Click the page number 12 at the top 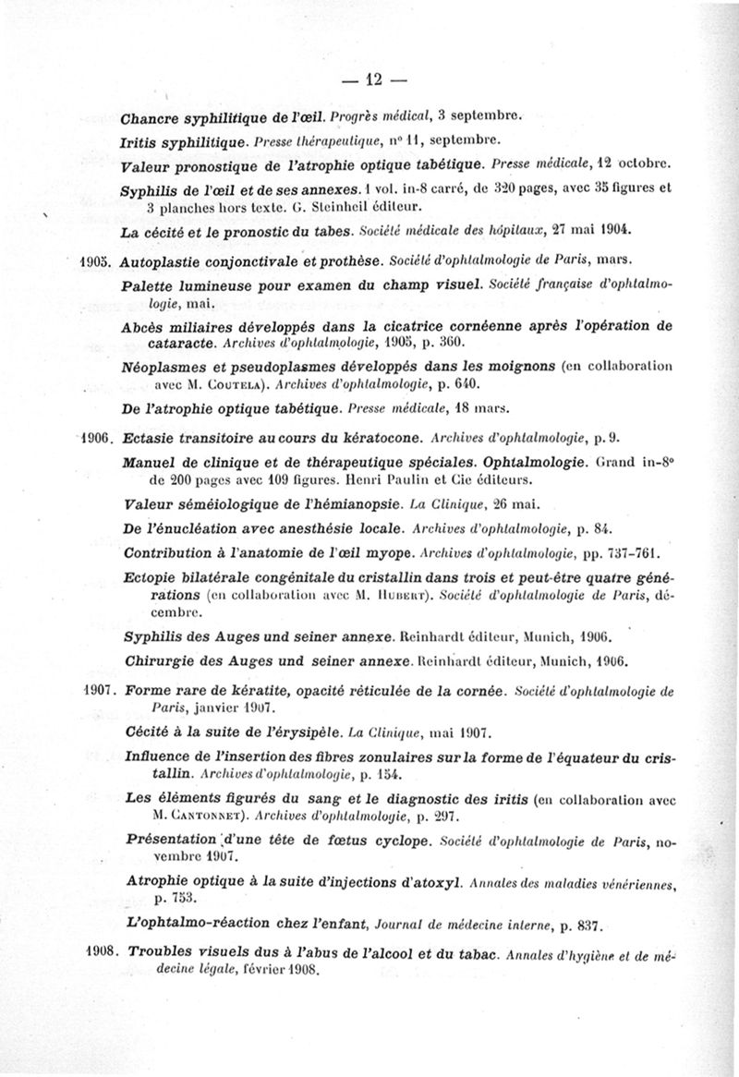(373, 80)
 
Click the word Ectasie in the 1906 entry (150, 438)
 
